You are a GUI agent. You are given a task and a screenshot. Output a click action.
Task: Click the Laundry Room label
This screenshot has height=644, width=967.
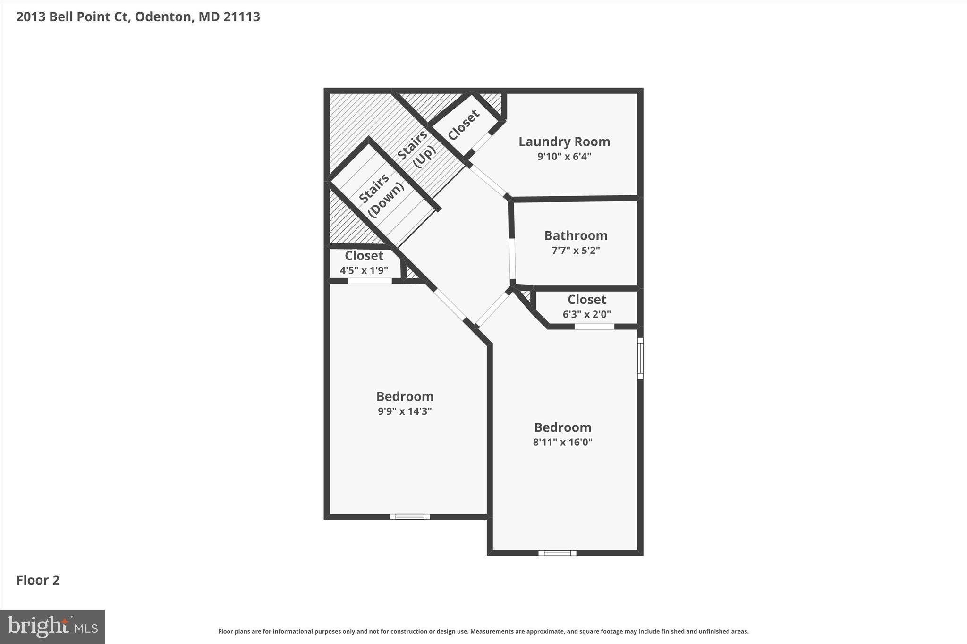click(564, 142)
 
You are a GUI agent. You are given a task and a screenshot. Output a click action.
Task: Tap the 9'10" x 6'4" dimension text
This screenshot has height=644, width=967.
click(564, 157)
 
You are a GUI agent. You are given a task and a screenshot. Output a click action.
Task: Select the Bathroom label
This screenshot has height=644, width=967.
click(576, 235)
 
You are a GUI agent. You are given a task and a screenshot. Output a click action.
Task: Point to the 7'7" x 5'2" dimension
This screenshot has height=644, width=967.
click(576, 251)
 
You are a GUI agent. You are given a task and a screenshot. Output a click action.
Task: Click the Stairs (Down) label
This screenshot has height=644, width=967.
click(381, 194)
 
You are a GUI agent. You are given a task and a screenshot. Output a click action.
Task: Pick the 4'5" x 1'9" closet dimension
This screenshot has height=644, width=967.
click(364, 270)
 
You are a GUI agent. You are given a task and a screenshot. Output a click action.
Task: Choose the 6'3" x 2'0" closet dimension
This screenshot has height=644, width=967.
click(586, 314)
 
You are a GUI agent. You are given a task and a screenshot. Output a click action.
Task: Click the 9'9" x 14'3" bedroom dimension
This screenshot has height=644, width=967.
click(405, 411)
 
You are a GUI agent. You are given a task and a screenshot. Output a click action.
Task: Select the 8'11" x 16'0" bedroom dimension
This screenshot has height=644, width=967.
click(562, 442)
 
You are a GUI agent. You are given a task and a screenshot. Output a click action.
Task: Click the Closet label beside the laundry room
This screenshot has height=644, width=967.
click(464, 125)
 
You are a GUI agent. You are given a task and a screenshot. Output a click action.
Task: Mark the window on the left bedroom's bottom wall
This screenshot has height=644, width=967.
click(410, 517)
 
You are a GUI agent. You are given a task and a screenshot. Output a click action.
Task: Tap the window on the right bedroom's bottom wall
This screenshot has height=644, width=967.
click(557, 553)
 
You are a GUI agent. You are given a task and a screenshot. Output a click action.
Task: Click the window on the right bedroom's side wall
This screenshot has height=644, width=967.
click(640, 358)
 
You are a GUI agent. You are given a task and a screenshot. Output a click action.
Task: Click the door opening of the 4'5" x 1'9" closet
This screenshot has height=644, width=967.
click(370, 281)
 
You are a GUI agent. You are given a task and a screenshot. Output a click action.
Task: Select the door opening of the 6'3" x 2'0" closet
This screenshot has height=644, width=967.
click(594, 326)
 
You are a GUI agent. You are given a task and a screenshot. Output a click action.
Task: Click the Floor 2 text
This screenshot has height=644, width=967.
click(38, 580)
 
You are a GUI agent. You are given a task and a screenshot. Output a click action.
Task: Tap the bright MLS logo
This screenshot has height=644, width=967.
click(52, 627)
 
